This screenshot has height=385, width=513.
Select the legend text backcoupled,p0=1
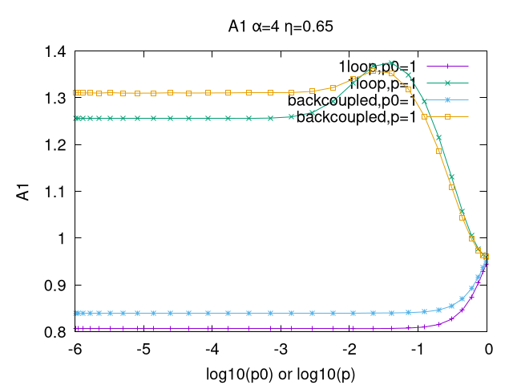click(x=352, y=100)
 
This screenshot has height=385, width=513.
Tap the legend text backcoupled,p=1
click(x=356, y=117)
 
